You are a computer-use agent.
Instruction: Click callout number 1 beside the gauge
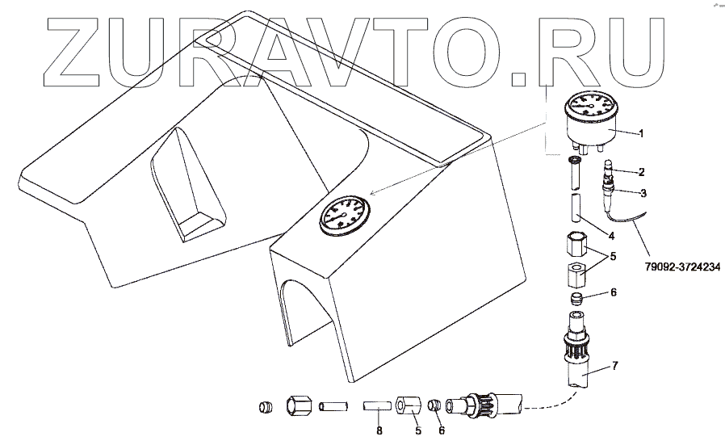click(641, 132)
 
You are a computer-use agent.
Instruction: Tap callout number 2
click(641, 172)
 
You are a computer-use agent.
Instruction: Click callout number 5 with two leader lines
click(612, 258)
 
